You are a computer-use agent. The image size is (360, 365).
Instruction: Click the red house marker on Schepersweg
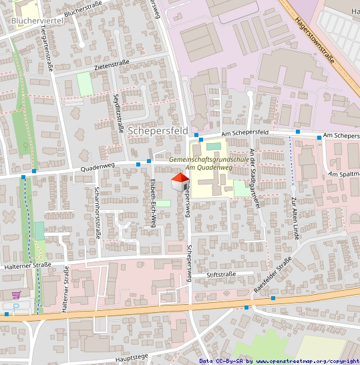tap(180, 181)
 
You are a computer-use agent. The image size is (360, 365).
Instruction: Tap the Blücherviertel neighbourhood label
tap(37, 21)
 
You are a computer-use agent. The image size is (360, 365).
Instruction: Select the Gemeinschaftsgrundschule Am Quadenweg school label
tap(209, 164)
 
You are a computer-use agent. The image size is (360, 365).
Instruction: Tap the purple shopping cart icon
tap(16, 293)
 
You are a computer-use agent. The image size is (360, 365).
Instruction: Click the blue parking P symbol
tap(16, 307)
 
